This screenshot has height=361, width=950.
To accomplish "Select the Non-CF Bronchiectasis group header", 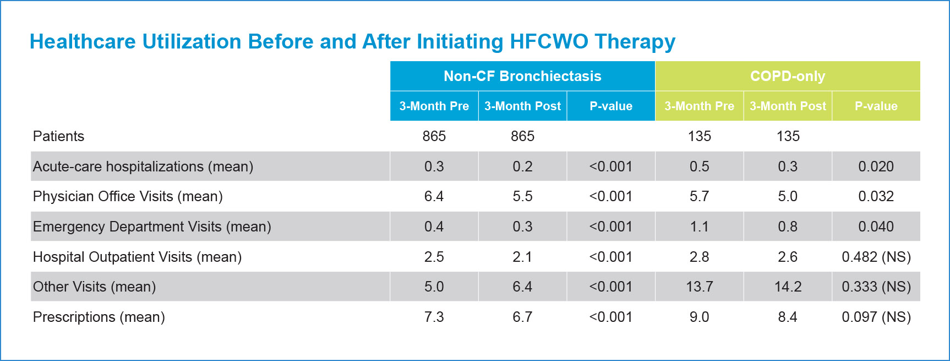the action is (x=522, y=76).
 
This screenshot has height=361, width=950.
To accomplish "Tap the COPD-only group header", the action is (x=788, y=76).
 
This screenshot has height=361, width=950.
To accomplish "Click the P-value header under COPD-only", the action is (x=876, y=106).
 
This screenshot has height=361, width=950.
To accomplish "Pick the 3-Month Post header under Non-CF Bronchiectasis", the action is (x=522, y=106).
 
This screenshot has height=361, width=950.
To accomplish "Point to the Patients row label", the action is (x=58, y=136).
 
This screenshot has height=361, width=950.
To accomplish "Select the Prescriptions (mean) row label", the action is (x=99, y=317).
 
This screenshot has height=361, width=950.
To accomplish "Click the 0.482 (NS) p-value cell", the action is (x=876, y=257).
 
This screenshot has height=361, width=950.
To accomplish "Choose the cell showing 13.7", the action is (x=700, y=287).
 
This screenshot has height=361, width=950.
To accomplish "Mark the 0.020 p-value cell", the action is (x=876, y=166).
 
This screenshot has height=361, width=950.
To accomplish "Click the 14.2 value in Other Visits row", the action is (x=788, y=287).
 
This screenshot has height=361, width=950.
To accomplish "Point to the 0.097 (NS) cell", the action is (x=876, y=317).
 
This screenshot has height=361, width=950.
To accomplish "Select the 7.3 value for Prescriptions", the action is (x=434, y=317).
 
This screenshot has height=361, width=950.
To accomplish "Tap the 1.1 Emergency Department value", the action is (x=700, y=227).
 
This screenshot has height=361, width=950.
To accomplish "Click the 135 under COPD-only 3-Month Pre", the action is (x=700, y=136).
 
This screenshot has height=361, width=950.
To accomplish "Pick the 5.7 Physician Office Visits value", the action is (x=700, y=196).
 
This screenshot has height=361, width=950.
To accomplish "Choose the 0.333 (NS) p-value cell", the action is (x=876, y=287).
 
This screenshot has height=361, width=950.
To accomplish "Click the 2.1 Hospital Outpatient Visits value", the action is (x=522, y=257).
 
